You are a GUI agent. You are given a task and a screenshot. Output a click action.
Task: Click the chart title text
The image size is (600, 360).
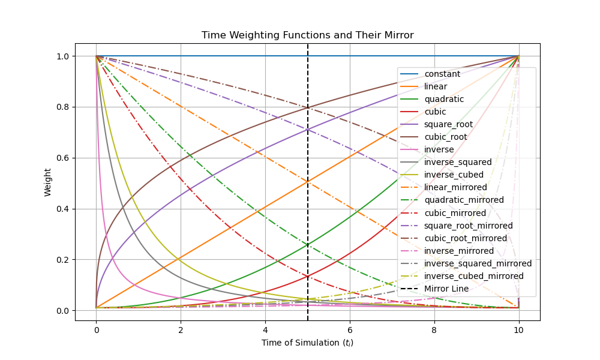point(307,35)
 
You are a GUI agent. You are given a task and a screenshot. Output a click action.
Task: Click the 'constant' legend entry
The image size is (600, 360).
point(442,74)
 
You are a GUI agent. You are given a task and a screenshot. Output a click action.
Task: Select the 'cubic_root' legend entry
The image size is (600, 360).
point(445,137)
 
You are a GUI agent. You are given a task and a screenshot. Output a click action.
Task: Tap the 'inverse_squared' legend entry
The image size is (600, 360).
point(458,162)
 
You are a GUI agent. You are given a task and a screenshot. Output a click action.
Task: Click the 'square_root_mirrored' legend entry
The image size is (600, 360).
point(468,226)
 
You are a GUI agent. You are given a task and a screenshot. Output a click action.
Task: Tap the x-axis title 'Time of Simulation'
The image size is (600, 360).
point(307,343)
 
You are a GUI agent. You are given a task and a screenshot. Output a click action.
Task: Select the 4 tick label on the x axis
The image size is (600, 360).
point(265,329)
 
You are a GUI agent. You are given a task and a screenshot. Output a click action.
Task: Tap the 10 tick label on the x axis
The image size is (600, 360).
point(518,329)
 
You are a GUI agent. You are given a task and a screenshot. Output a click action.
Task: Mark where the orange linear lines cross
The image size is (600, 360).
point(308,181)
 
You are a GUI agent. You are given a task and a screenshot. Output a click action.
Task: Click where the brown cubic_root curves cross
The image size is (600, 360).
point(308,108)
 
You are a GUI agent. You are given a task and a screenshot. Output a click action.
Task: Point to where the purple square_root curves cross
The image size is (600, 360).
point(308,129)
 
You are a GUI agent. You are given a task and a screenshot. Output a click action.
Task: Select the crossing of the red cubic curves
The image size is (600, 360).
point(308,276)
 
